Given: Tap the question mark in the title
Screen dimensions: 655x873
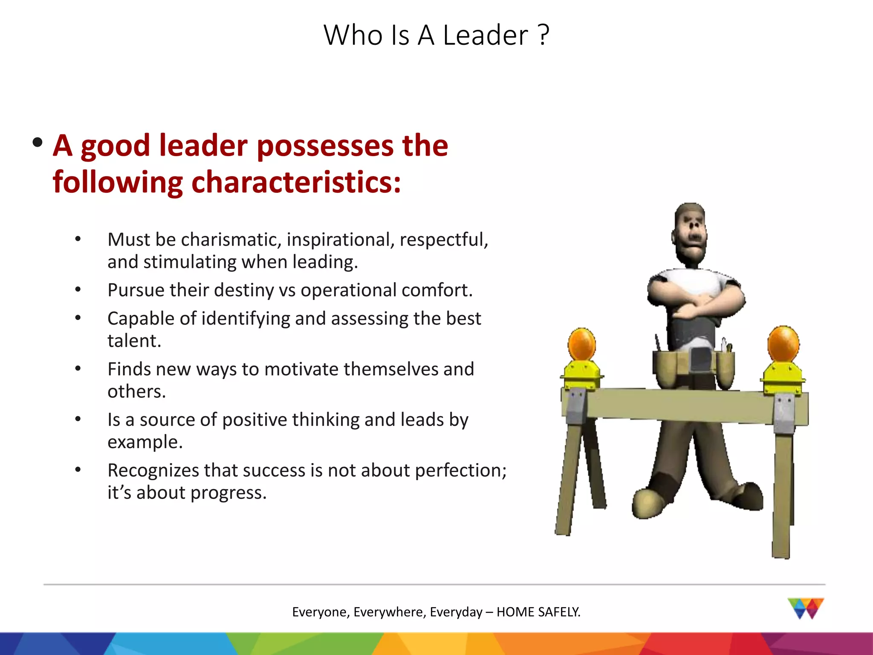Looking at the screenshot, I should click(x=543, y=35).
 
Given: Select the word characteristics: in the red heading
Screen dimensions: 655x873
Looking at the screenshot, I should click(x=296, y=183).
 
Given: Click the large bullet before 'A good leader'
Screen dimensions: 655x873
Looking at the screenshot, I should click(x=38, y=142).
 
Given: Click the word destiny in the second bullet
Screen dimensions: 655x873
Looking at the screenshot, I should click(x=244, y=290).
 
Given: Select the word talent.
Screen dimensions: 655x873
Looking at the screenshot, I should click(x=134, y=341).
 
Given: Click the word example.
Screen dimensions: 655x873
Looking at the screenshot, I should click(x=145, y=442).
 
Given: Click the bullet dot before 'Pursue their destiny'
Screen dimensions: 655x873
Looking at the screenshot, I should click(x=78, y=290).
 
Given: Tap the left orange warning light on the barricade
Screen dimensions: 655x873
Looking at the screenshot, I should click(x=581, y=345).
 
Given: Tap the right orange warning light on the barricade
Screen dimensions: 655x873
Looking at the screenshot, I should click(x=783, y=344).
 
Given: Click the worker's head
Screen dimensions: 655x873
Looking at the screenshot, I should click(x=690, y=235).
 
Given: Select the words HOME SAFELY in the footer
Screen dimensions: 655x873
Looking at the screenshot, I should click(x=538, y=612).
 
